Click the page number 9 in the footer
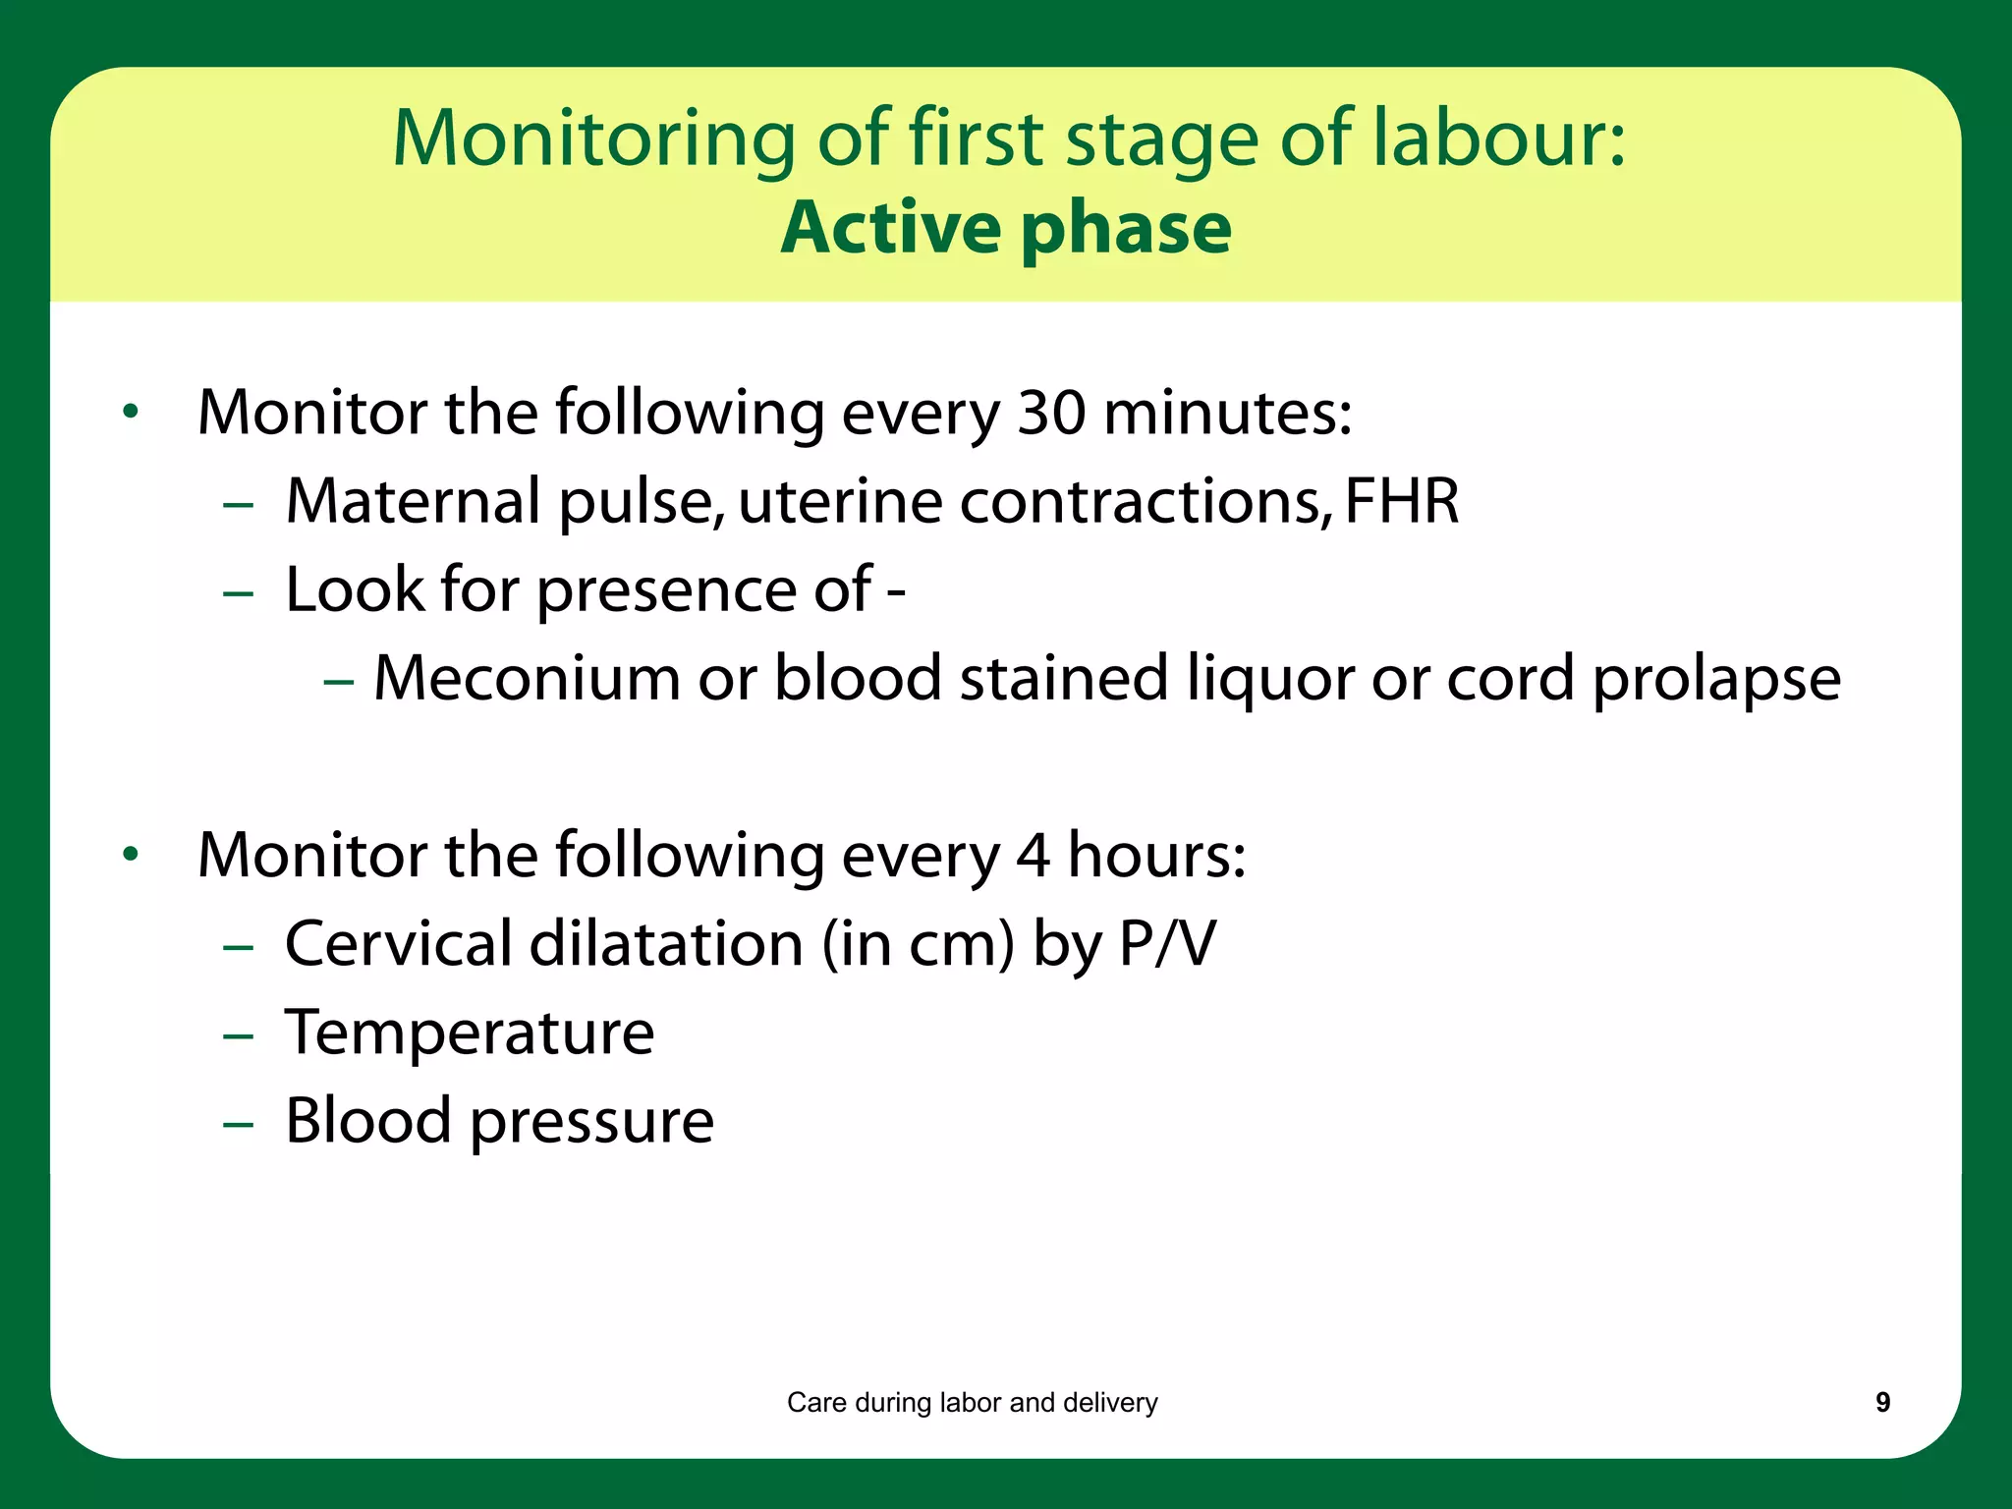click(1882, 1402)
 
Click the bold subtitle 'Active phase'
click(1006, 228)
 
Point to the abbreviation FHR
click(1401, 501)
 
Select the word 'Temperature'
click(470, 1034)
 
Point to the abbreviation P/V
click(1167, 944)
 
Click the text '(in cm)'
click(918, 944)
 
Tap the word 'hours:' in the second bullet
click(1156, 855)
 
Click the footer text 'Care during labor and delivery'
click(972, 1402)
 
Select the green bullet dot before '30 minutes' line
click(131, 413)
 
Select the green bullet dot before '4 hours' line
click(131, 855)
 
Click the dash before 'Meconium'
click(338, 680)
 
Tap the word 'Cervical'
click(398, 944)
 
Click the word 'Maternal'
click(413, 501)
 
